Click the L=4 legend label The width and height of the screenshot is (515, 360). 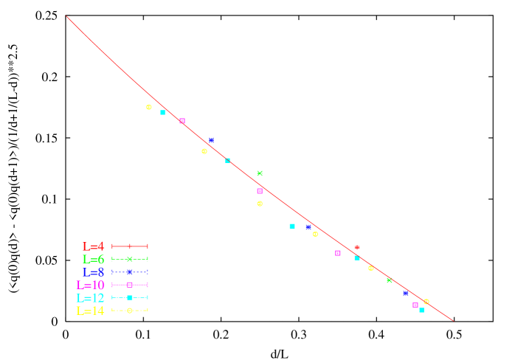coord(94,246)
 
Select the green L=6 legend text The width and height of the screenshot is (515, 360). coord(94,260)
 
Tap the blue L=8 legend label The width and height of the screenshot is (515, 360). coord(94,272)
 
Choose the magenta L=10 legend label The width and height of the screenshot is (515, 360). coord(91,285)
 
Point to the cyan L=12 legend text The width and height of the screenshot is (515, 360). coord(91,298)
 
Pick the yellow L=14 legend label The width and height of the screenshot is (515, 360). coord(91,311)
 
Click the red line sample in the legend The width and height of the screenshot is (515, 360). coord(130,246)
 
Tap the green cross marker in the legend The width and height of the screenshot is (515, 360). coord(130,259)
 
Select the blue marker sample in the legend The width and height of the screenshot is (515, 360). coord(130,272)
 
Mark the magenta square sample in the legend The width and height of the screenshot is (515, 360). coord(130,285)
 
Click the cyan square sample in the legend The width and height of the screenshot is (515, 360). coord(130,297)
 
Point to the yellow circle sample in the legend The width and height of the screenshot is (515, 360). coord(130,311)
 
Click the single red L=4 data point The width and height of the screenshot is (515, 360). coord(357,248)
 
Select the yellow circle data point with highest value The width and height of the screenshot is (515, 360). coord(149,107)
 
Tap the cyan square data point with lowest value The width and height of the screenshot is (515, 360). coord(422,311)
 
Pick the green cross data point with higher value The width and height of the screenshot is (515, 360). coord(260,173)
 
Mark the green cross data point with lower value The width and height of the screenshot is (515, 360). coord(390,280)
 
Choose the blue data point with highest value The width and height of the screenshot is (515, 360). coord(211,140)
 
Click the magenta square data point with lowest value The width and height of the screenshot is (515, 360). coord(415,305)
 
